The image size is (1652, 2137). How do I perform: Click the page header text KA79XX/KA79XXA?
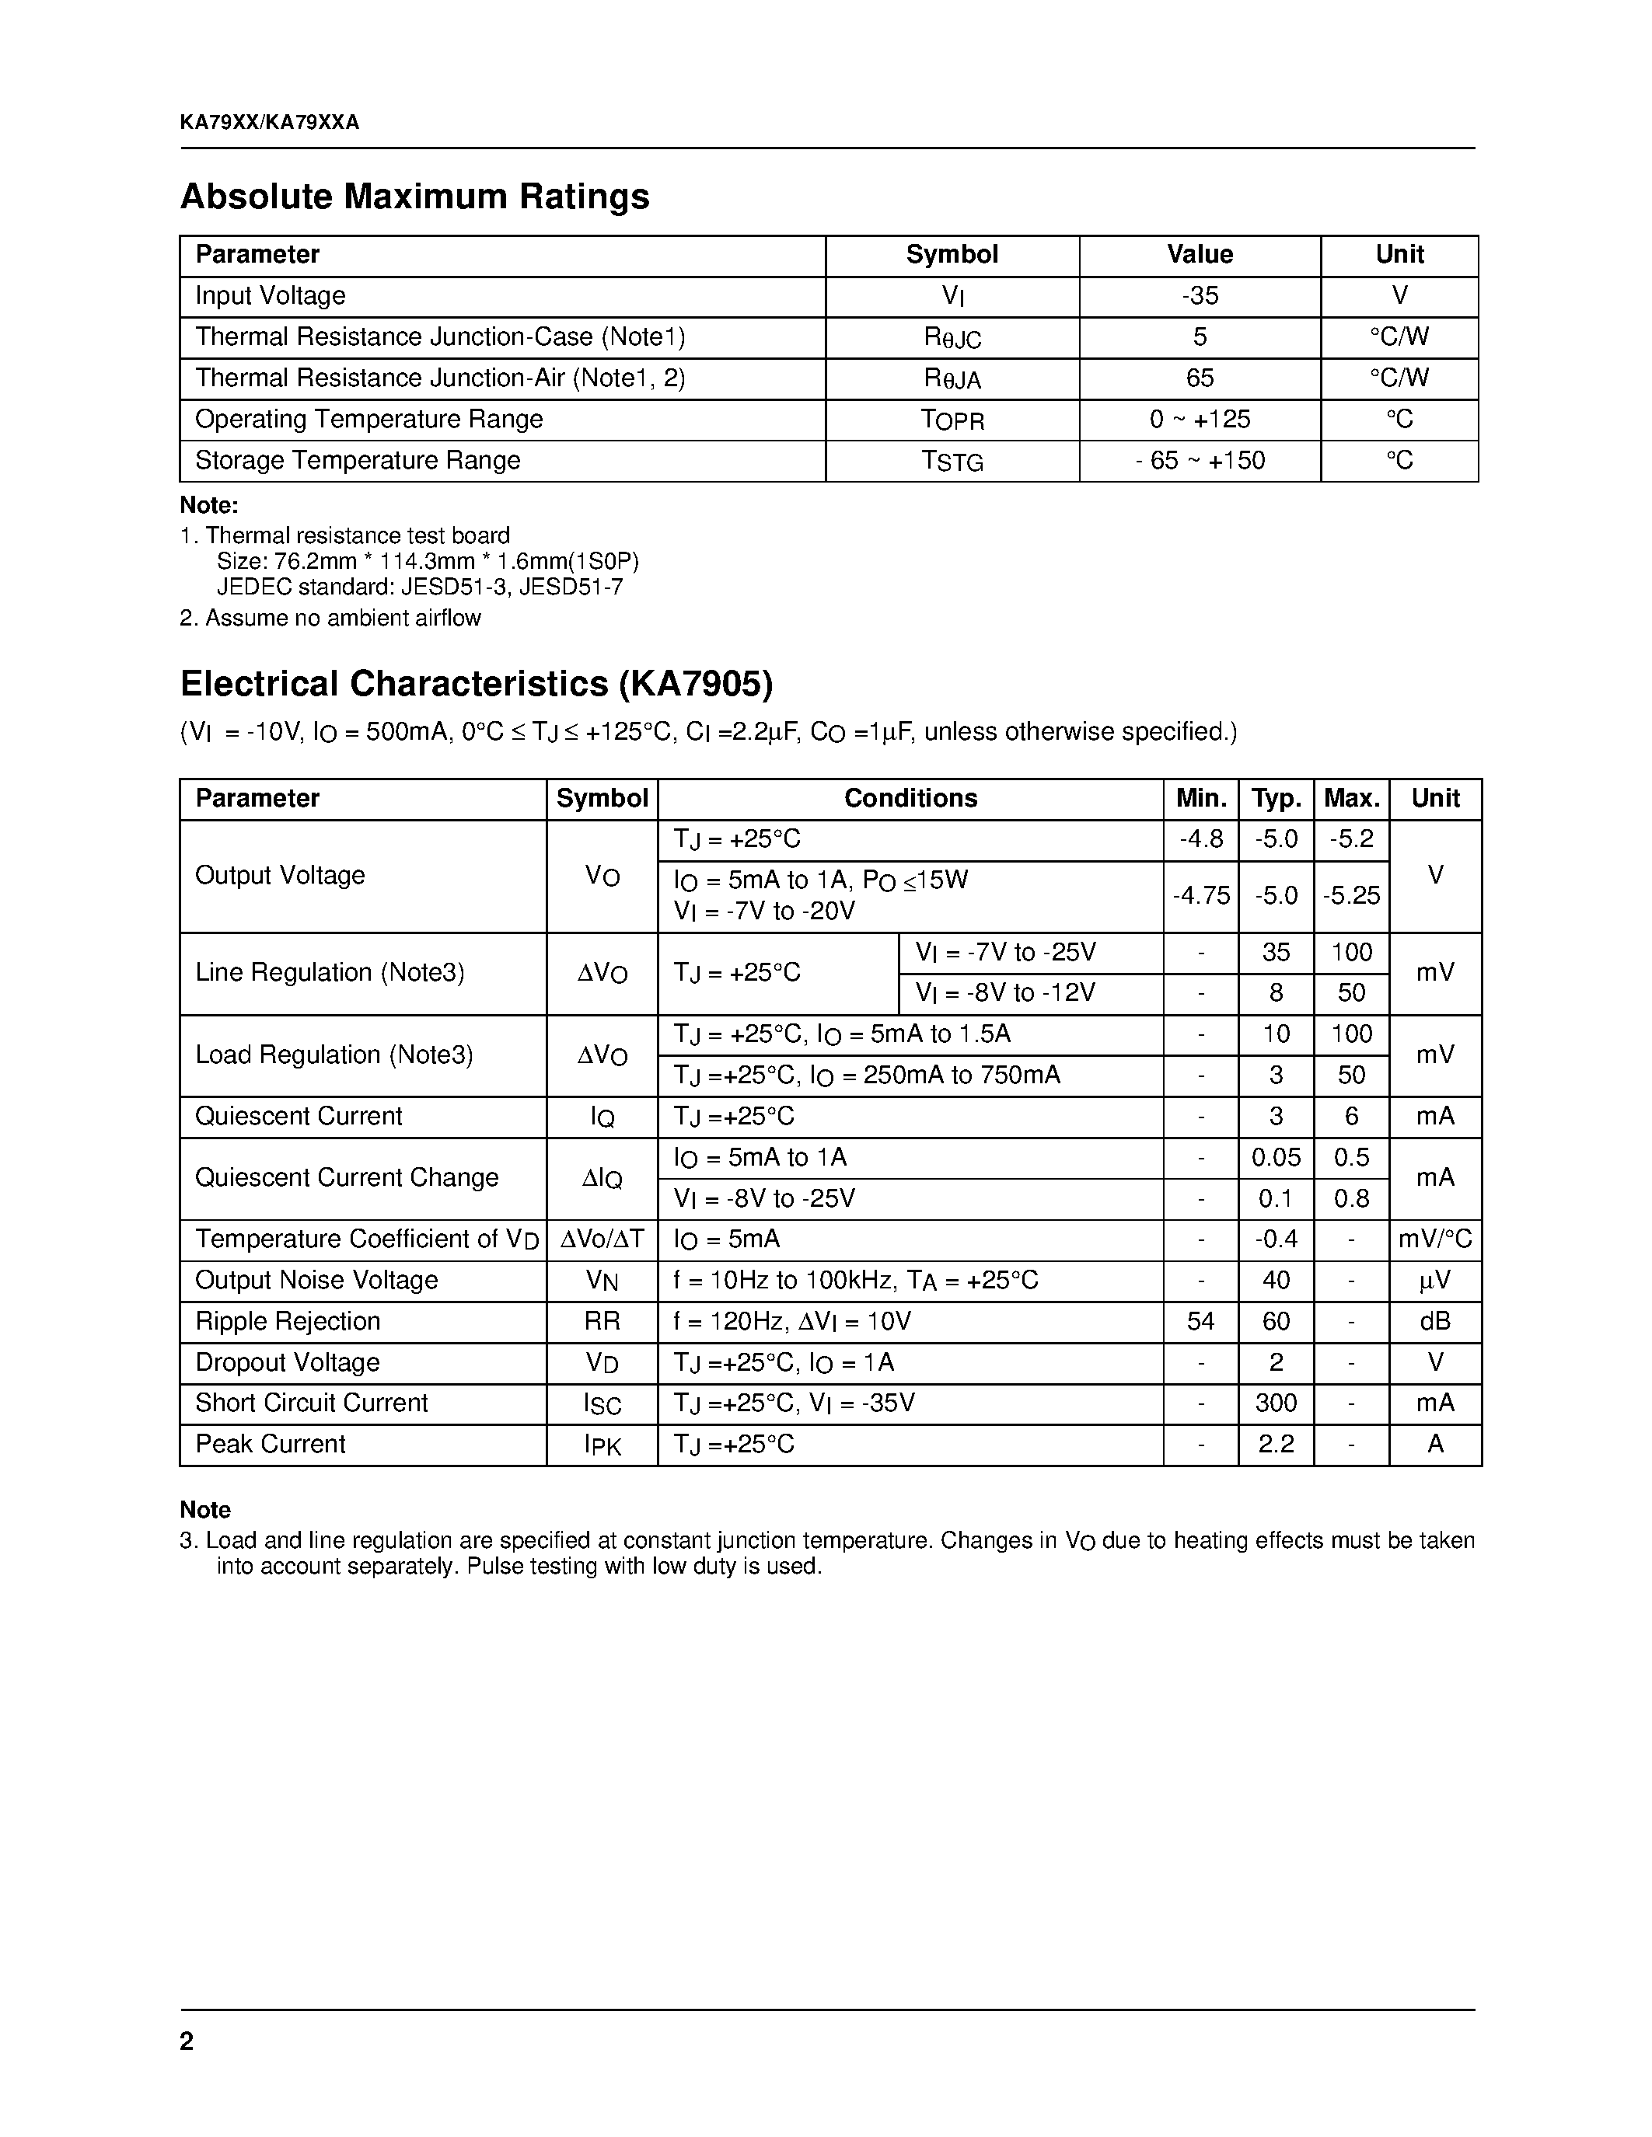269,122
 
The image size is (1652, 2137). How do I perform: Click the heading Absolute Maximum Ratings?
414,197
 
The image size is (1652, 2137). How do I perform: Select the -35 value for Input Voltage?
1199,295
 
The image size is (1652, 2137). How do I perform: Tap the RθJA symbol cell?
952,378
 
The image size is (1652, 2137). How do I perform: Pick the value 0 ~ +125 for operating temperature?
1199,420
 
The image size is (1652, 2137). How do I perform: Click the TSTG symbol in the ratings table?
952,461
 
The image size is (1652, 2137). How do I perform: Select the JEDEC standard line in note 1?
419,587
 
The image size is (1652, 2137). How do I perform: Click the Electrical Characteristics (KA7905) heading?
477,683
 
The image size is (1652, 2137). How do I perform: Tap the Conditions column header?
910,798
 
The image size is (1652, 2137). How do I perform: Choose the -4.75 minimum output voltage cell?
1201,895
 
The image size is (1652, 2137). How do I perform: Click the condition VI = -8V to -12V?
1005,993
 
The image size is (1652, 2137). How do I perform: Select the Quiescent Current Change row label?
347,1177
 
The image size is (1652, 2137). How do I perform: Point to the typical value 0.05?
1277,1158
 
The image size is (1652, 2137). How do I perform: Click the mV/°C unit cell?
1435,1239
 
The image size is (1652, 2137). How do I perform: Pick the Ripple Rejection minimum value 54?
1201,1322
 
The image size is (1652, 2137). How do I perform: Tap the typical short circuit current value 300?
1277,1403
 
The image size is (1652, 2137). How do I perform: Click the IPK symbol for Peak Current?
602,1445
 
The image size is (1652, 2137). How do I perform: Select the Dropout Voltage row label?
287,1362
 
